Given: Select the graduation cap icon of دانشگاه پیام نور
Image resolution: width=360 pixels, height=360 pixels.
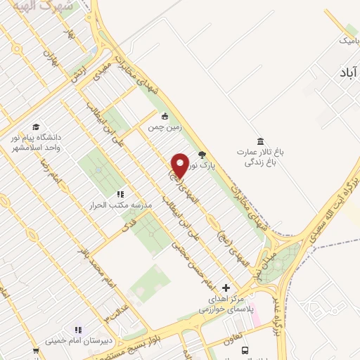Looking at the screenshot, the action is (x=36, y=126).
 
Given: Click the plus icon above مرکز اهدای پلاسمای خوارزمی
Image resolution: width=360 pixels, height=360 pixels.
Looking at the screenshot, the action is (x=226, y=288).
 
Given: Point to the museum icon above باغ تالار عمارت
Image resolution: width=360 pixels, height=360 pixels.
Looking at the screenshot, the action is (x=261, y=141).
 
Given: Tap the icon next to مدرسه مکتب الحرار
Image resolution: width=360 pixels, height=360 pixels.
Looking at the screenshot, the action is (x=120, y=193).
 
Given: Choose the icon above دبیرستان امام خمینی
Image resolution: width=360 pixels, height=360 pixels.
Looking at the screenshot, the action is (x=78, y=330).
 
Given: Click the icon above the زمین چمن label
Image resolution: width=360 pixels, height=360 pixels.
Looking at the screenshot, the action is (x=165, y=117).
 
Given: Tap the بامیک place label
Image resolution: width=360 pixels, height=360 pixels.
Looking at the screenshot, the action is (x=348, y=41).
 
